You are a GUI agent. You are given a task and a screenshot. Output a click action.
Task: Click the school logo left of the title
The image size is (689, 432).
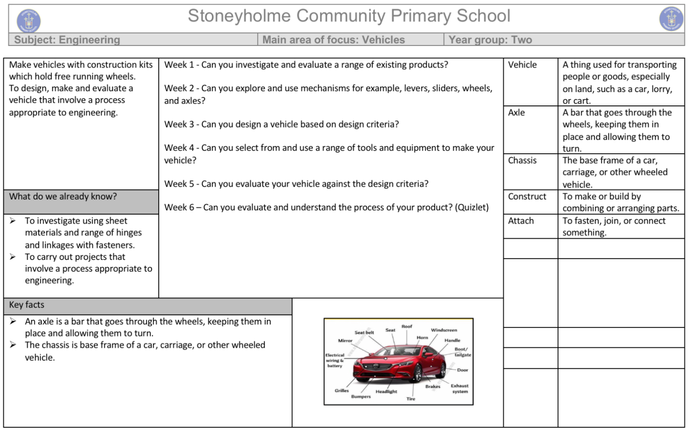point(28,20)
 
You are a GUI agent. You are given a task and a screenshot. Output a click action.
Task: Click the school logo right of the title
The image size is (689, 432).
point(671,19)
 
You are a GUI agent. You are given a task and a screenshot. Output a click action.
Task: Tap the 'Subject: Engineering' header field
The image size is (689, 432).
point(67,40)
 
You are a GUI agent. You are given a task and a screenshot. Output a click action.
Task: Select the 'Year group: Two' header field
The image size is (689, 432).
point(490,40)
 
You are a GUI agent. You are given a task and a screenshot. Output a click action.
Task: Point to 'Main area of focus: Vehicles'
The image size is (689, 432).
point(334,40)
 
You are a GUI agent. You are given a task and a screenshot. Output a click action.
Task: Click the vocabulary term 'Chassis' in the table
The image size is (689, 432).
point(522,160)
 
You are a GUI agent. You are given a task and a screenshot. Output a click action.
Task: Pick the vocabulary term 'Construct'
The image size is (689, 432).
point(527,196)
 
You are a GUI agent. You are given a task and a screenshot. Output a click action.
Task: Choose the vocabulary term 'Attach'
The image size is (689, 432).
point(521,221)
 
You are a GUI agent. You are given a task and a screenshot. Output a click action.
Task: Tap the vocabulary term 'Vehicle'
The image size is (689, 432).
point(522,65)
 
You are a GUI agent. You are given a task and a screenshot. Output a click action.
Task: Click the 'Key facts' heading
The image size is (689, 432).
point(27,305)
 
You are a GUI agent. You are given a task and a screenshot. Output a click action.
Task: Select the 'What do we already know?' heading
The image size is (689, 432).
point(63,196)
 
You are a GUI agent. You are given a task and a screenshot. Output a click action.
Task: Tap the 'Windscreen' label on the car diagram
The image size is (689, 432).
point(444,330)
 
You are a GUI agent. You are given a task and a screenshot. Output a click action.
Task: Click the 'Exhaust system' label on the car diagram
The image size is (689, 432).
point(459,388)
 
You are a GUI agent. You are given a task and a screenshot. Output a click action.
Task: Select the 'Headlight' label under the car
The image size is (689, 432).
point(386,391)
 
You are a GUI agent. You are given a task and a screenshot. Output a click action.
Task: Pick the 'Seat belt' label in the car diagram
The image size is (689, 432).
point(364,332)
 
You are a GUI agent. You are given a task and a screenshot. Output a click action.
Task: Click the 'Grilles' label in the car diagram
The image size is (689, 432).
point(341,390)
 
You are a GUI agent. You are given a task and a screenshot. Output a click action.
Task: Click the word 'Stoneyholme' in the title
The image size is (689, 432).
point(239,16)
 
